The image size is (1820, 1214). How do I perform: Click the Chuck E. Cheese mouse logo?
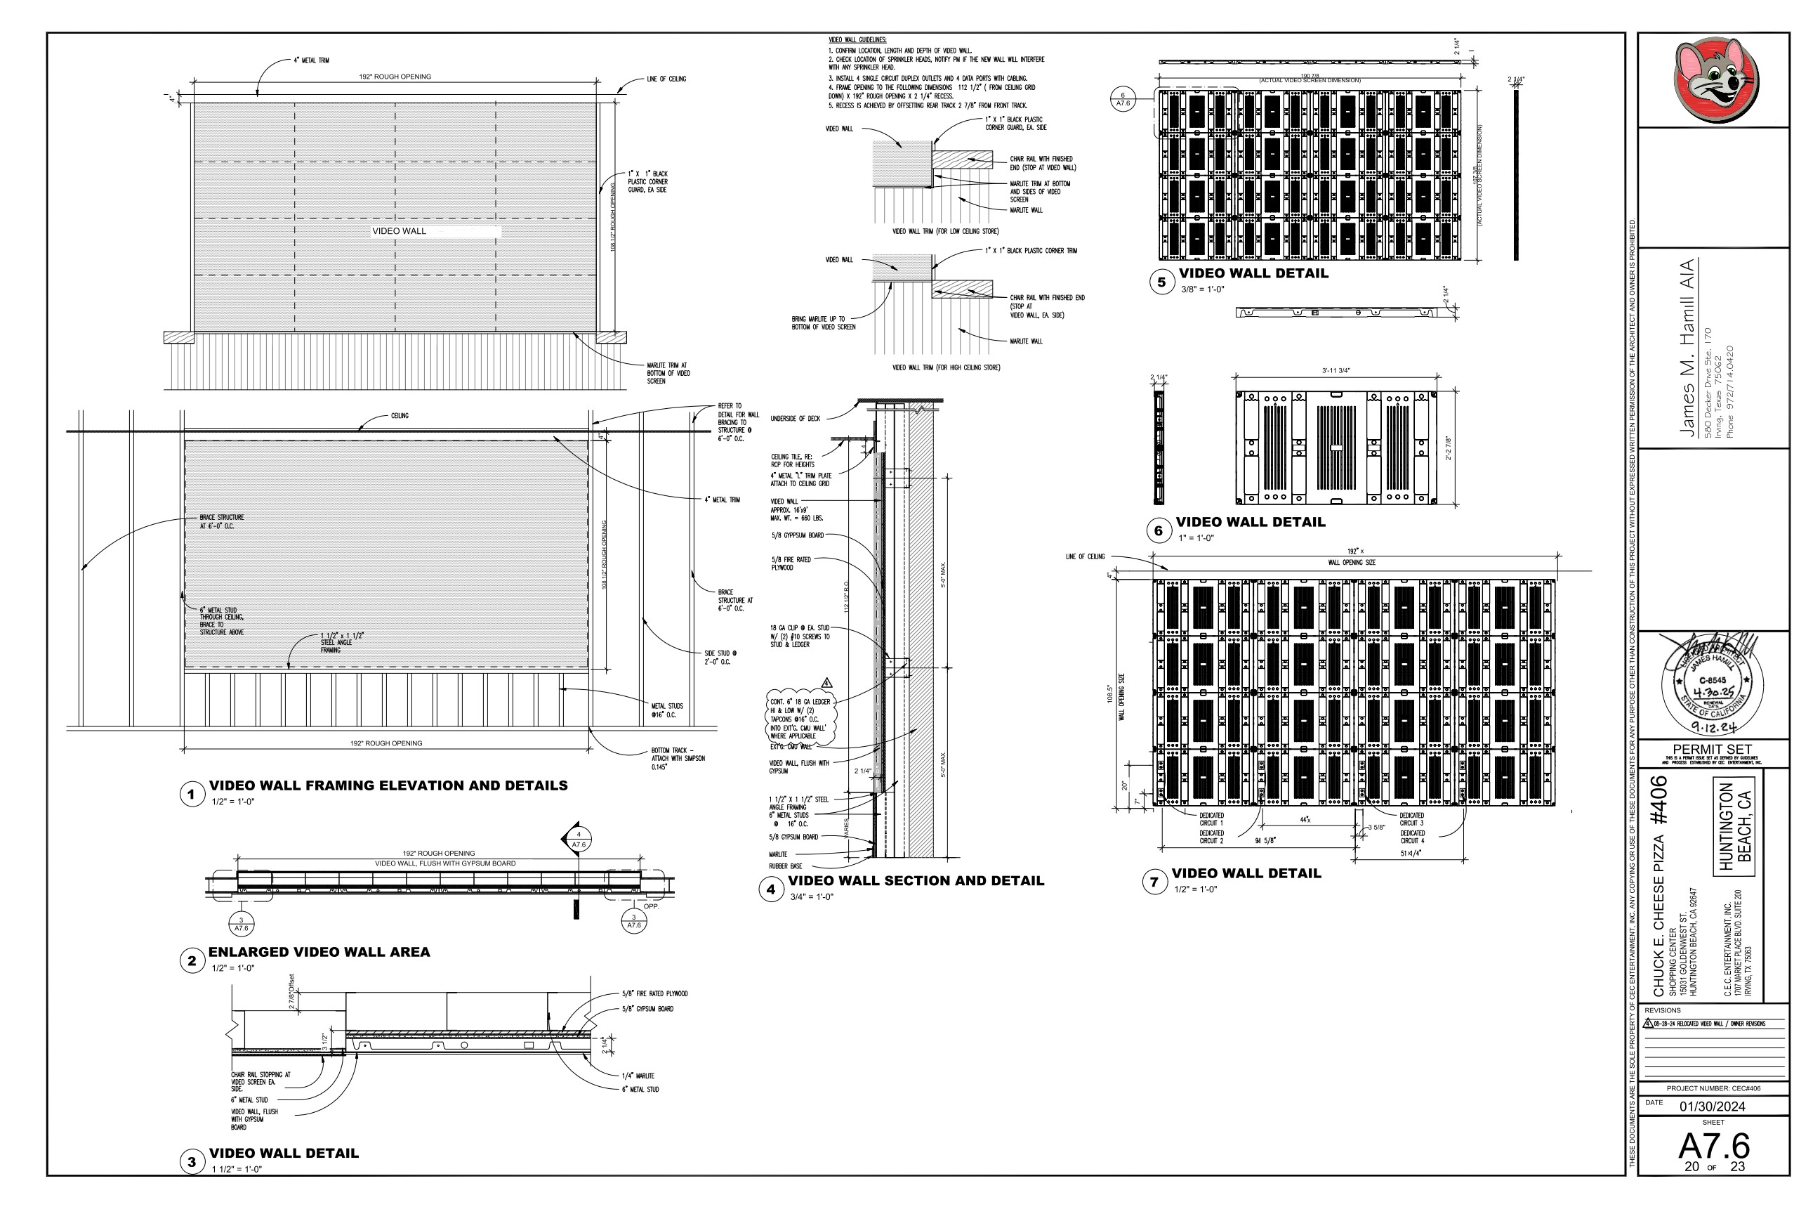(x=1713, y=80)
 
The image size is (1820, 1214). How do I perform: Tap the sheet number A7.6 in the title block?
(x=1713, y=1147)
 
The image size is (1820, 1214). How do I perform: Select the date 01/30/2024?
(x=1712, y=1107)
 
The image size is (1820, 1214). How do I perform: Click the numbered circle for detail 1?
(x=191, y=795)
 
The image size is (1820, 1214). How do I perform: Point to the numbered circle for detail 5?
(x=1161, y=282)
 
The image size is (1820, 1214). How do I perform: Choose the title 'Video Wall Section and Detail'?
(x=916, y=881)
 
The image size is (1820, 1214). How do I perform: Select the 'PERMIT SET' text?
(x=1712, y=750)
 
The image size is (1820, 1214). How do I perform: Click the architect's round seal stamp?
(x=1712, y=686)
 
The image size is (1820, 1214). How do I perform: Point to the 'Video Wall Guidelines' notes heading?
(x=857, y=40)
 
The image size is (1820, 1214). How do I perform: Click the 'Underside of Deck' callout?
(x=795, y=419)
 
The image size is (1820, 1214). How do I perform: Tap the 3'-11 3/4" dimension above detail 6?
(x=1336, y=371)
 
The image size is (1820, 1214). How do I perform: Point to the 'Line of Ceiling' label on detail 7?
(x=1085, y=556)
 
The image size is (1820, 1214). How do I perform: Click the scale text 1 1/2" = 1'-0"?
(x=237, y=1169)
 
